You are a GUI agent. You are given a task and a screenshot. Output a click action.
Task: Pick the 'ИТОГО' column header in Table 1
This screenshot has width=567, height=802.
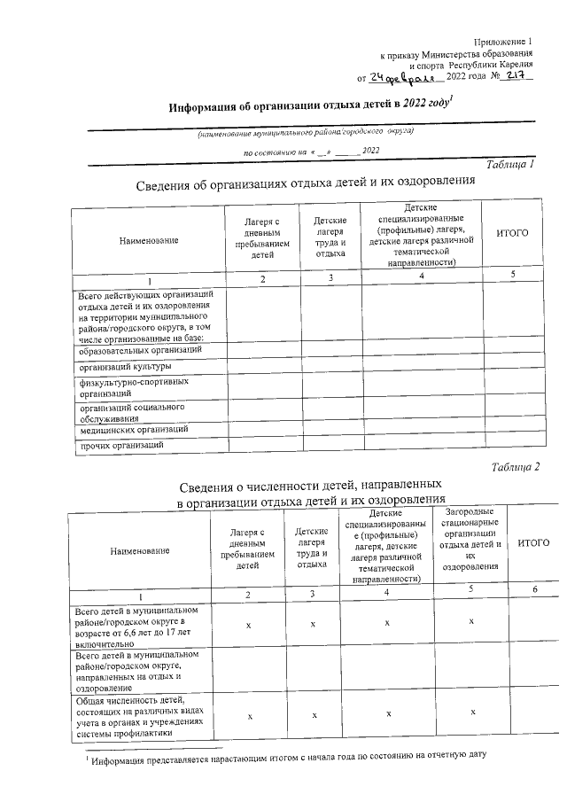pos(512,232)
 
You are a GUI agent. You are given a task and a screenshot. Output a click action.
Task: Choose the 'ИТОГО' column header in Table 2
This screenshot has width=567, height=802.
pos(534,542)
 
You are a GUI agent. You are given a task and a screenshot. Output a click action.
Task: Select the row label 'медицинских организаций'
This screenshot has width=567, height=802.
pos(133,429)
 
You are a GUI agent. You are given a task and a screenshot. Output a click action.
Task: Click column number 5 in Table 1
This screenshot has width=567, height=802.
pos(512,275)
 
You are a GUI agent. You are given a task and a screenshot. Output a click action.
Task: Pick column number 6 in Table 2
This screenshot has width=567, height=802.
pos(534,590)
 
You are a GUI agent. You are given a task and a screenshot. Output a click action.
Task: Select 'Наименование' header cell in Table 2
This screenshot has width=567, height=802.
pos(139,551)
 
